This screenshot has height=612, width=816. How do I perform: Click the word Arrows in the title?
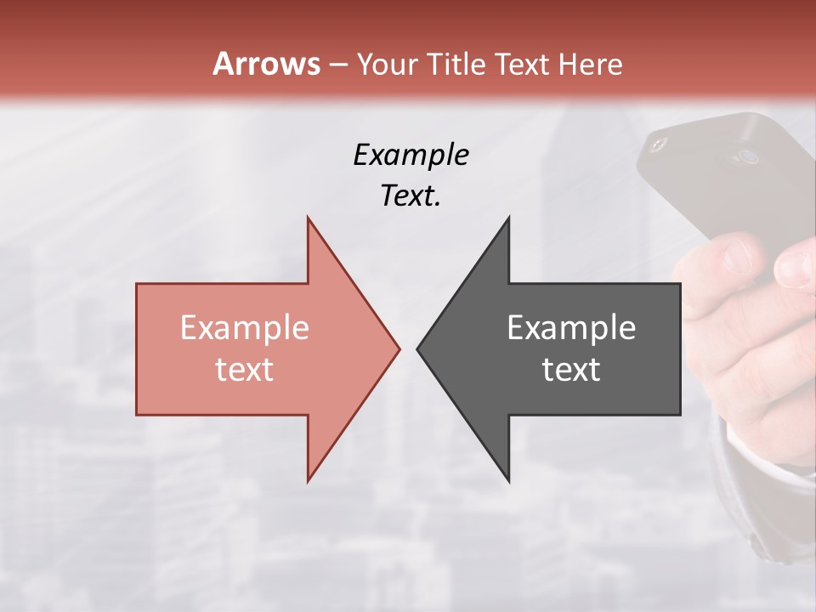tap(266, 64)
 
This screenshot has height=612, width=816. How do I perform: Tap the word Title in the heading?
tap(456, 64)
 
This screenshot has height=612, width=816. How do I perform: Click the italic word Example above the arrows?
tap(411, 155)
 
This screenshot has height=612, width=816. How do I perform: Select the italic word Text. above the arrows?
tap(411, 195)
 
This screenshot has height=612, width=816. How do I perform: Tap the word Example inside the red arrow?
tap(245, 327)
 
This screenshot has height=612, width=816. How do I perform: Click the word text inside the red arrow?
tap(245, 369)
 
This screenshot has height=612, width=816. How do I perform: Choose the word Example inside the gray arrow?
tap(571, 327)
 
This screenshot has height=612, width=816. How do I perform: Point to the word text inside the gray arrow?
tap(571, 369)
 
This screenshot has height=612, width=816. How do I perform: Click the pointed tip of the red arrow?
tap(399, 348)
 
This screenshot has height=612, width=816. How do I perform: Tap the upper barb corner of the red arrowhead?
tap(308, 218)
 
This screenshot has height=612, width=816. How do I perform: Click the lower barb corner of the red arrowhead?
tap(308, 480)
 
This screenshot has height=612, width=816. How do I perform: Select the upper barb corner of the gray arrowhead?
tap(508, 218)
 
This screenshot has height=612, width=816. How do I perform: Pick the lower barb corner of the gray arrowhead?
tap(508, 480)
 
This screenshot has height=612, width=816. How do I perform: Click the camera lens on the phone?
tap(748, 156)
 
